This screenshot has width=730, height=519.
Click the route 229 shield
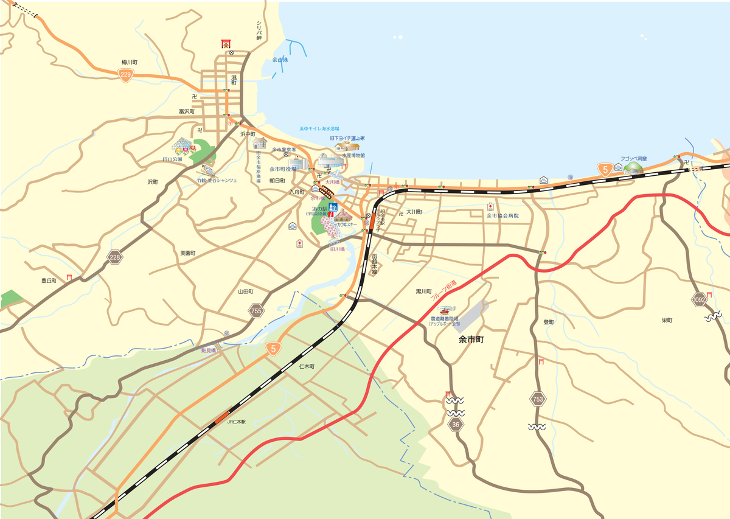(x=125, y=75)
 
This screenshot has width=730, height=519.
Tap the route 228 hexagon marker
(x=115, y=257)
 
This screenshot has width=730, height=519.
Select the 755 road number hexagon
(x=257, y=311)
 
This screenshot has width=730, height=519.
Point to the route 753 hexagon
(x=538, y=399)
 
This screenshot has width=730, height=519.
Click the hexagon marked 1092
(x=700, y=299)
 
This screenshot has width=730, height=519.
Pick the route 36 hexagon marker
(x=456, y=424)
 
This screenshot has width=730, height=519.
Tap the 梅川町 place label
(x=130, y=62)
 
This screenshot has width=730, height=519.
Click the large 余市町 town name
(x=471, y=341)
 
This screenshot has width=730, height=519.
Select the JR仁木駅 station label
(x=236, y=422)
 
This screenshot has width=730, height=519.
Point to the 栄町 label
(x=667, y=320)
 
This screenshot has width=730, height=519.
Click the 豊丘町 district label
(x=49, y=280)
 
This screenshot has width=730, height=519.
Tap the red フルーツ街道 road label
(x=443, y=291)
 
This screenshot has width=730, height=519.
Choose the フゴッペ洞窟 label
(x=633, y=159)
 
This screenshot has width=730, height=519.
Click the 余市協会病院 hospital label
(x=502, y=215)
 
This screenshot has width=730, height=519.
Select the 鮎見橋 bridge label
(x=209, y=350)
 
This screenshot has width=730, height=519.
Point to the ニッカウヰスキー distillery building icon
(x=342, y=215)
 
